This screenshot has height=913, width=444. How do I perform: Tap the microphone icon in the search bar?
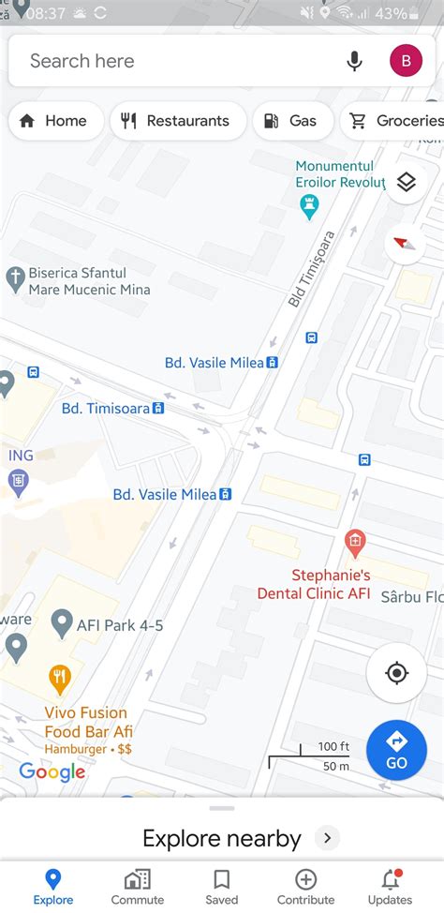click(354, 61)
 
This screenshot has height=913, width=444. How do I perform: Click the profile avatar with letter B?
click(406, 61)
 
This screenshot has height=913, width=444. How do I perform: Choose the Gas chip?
click(290, 121)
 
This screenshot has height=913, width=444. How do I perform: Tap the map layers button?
click(406, 182)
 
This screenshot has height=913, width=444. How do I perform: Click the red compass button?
click(405, 244)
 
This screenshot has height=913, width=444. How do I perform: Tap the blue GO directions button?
click(396, 750)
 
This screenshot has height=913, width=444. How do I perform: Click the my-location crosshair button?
click(396, 673)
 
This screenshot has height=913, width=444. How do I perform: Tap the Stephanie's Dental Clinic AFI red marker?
click(354, 540)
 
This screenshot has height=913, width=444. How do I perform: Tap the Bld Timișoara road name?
click(311, 269)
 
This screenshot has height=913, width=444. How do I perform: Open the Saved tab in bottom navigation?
click(222, 886)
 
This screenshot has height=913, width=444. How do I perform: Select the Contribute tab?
click(305, 886)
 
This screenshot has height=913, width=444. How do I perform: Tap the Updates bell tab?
click(390, 886)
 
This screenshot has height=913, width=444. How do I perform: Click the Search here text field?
click(169, 61)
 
